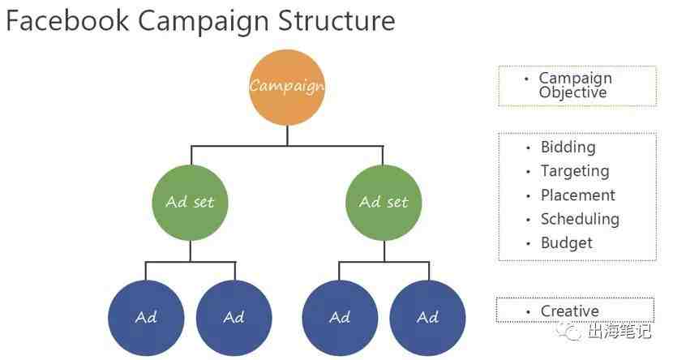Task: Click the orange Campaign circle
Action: [x=287, y=87]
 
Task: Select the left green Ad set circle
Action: [x=190, y=203]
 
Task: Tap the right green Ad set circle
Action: [x=384, y=203]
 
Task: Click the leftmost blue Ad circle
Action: [x=146, y=318]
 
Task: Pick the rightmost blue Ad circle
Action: [x=428, y=318]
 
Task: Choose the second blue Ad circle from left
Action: [x=234, y=318]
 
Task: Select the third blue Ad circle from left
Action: [x=340, y=318]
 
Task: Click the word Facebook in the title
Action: [x=67, y=20]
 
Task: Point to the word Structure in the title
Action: [x=336, y=20]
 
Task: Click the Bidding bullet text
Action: [x=568, y=148]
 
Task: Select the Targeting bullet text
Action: [x=575, y=171]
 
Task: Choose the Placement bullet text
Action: [x=577, y=195]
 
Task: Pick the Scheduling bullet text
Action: [x=580, y=219]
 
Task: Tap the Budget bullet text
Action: [x=567, y=243]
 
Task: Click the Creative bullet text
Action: [x=569, y=311]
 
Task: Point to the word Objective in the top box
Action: [x=573, y=92]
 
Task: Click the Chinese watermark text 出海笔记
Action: [x=619, y=331]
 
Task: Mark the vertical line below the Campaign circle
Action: [x=287, y=135]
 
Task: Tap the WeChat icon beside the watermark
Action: [x=569, y=332]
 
